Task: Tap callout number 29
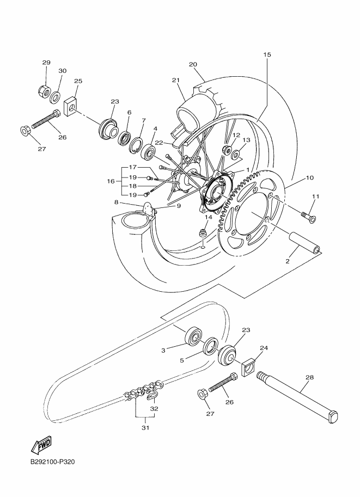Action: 46,63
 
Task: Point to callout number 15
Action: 267,54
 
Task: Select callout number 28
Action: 309,377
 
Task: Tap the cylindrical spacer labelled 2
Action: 304,243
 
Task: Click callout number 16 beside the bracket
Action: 111,181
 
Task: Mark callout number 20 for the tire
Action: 193,64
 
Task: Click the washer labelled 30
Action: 56,98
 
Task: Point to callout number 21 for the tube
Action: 175,80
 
